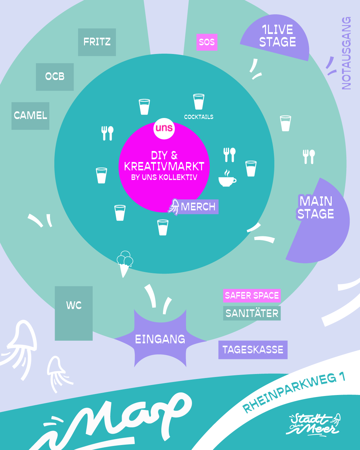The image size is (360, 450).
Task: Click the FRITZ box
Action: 97,42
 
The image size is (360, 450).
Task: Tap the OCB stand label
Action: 55,77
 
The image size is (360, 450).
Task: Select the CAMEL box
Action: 30,116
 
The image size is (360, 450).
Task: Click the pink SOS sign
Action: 207,42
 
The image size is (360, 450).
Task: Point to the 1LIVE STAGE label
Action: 277,36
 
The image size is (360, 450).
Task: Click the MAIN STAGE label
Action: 316,208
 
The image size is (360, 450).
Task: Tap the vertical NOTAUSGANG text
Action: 346,53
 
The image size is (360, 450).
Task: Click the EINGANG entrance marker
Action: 160,339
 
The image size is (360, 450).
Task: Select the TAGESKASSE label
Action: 253,350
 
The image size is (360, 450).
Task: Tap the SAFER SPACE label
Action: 252,295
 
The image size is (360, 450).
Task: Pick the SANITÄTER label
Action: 252,313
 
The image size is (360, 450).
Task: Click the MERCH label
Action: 198,207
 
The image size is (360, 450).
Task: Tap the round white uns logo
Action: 164,128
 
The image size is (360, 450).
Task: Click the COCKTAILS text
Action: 199,117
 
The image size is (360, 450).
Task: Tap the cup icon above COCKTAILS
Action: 199,101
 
